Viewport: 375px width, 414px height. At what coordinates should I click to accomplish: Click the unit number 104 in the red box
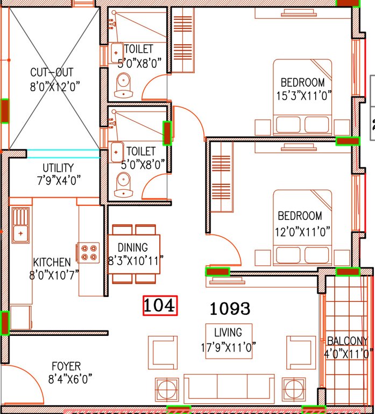pyautogui.click(x=160, y=306)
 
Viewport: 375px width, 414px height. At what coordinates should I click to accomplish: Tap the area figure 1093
pyautogui.click(x=230, y=308)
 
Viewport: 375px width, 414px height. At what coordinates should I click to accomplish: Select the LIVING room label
pyautogui.click(x=228, y=333)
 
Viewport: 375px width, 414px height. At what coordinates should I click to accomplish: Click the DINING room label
pyautogui.click(x=133, y=248)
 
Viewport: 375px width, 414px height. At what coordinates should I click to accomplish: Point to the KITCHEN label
pyautogui.click(x=52, y=263)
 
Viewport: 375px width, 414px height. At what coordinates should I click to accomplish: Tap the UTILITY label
pyautogui.click(x=58, y=168)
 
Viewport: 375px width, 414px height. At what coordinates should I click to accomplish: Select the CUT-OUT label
pyautogui.click(x=52, y=72)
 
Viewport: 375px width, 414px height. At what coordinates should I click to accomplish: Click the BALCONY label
pyautogui.click(x=347, y=341)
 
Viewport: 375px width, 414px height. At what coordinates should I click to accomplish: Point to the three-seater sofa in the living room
pyautogui.click(x=229, y=387)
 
